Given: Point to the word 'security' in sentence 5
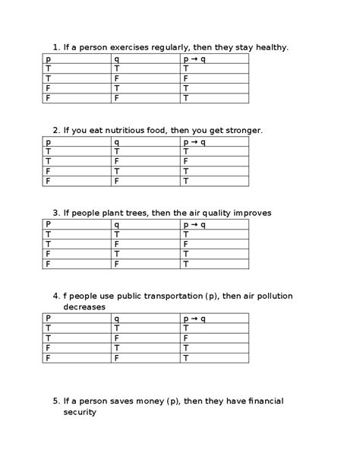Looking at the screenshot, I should (x=80, y=412).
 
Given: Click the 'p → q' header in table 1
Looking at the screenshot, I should (x=194, y=59).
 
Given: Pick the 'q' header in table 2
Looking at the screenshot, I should (x=117, y=141).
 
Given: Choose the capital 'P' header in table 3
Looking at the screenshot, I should (x=49, y=224).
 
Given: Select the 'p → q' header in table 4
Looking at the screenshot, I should (x=194, y=318).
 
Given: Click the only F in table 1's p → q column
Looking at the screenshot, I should (x=185, y=78).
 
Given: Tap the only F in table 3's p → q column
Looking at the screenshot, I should (x=185, y=244).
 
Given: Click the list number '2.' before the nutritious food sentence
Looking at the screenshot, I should (x=56, y=130).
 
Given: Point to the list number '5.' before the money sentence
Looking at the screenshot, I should (x=56, y=401).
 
